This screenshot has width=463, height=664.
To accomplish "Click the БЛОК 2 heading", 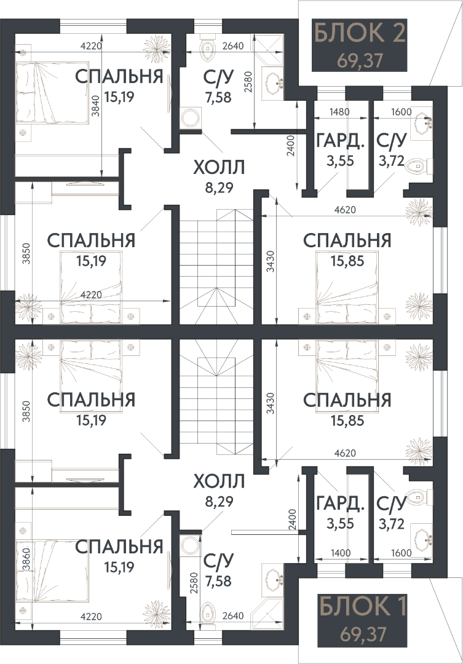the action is point(360,33).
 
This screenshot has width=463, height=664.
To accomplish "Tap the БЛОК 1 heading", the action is point(362,606).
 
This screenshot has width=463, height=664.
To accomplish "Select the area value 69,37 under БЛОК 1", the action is point(363,634).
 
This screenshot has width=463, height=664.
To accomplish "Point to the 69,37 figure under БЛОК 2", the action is point(360,60).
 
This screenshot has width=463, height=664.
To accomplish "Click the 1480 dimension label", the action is point(340,112).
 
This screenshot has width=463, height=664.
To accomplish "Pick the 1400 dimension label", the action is point(341,553).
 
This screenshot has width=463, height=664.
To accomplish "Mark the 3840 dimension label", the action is point(95,106).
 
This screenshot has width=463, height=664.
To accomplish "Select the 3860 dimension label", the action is point(26,559).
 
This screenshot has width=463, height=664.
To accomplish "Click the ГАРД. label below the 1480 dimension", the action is point(341,141).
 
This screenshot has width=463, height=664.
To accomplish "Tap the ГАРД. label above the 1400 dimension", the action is point(341,504).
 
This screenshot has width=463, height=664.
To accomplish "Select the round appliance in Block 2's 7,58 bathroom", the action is point(191,118).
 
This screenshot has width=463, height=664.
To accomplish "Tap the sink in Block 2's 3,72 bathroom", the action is point(422,124).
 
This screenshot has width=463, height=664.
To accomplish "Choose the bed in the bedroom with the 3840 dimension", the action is point(52,93).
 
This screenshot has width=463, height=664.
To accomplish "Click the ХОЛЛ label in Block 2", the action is point(219,167).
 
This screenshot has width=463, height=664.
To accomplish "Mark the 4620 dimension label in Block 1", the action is point(345,453).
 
